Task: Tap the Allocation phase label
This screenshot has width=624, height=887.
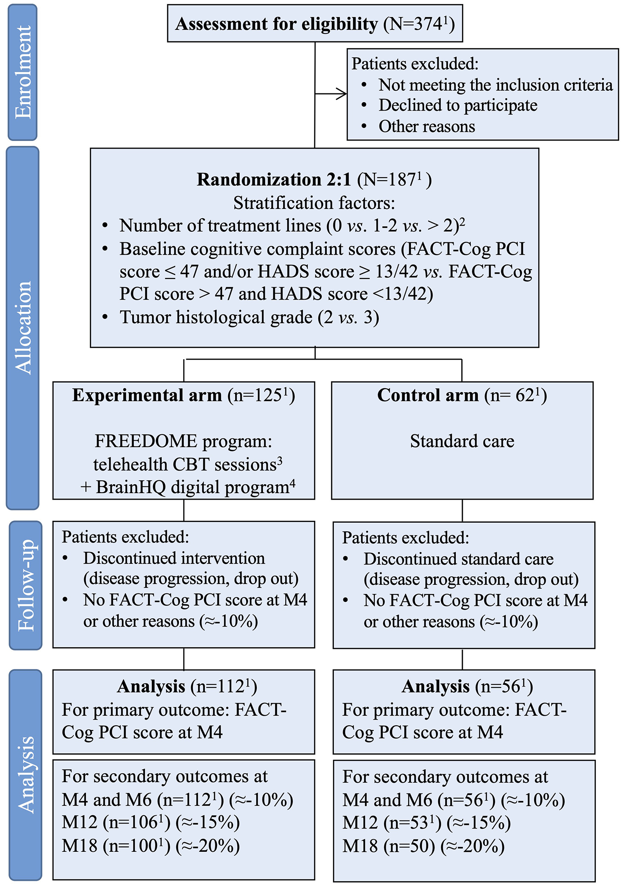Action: [x=23, y=328]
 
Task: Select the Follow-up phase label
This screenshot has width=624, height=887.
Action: [x=26, y=585]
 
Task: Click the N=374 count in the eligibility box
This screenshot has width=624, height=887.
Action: [x=418, y=24]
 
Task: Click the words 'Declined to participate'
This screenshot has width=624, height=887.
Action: [x=458, y=105]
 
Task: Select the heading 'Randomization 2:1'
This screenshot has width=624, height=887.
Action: [x=274, y=180]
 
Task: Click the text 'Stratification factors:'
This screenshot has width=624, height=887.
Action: [x=314, y=203]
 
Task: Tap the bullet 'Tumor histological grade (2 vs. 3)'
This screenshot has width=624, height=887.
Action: [x=249, y=317]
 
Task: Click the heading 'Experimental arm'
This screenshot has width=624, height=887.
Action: [x=147, y=395]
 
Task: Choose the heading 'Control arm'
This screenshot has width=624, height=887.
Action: [x=428, y=395]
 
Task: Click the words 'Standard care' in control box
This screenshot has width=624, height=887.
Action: [x=462, y=441]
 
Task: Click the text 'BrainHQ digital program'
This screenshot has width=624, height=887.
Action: [x=192, y=487]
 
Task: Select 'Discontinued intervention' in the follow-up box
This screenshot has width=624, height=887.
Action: [x=174, y=558]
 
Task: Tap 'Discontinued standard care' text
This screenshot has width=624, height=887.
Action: [x=458, y=559]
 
